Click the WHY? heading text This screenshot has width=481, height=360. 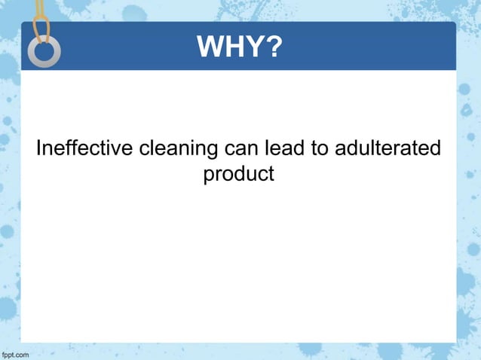pyautogui.click(x=240, y=48)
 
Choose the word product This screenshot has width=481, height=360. pyautogui.click(x=238, y=175)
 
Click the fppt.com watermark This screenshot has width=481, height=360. pyautogui.click(x=15, y=353)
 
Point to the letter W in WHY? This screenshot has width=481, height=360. pyautogui.click(x=210, y=48)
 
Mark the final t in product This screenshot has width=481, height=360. pyautogui.click(x=270, y=175)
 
